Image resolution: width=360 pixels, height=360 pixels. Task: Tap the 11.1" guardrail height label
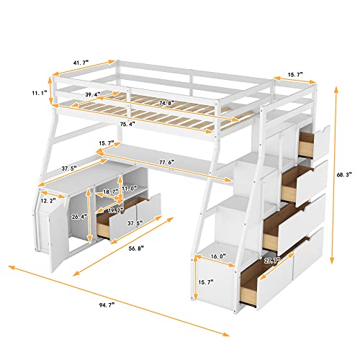pos(39,92)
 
